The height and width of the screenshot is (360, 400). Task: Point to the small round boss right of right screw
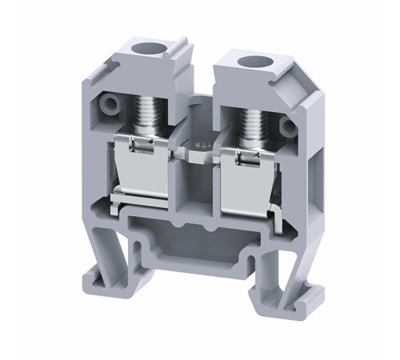(287, 123)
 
